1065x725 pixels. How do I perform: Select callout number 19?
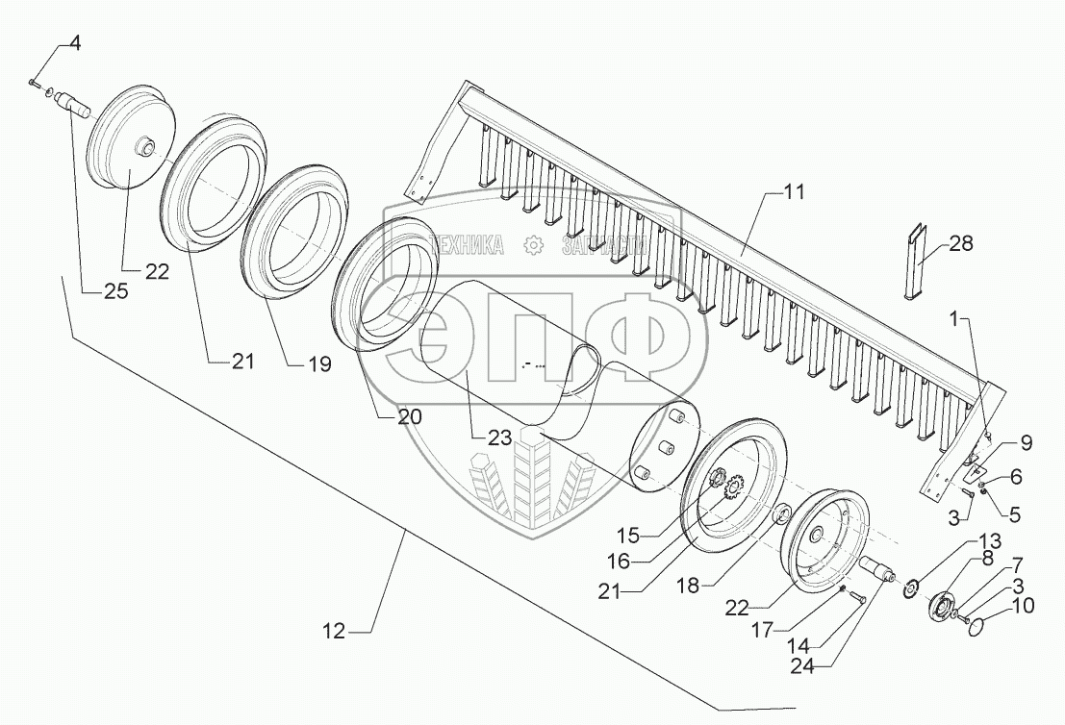point(317,364)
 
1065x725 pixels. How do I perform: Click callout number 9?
point(1021,443)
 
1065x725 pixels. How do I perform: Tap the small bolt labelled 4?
point(36,84)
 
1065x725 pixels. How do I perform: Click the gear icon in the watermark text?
point(530,246)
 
